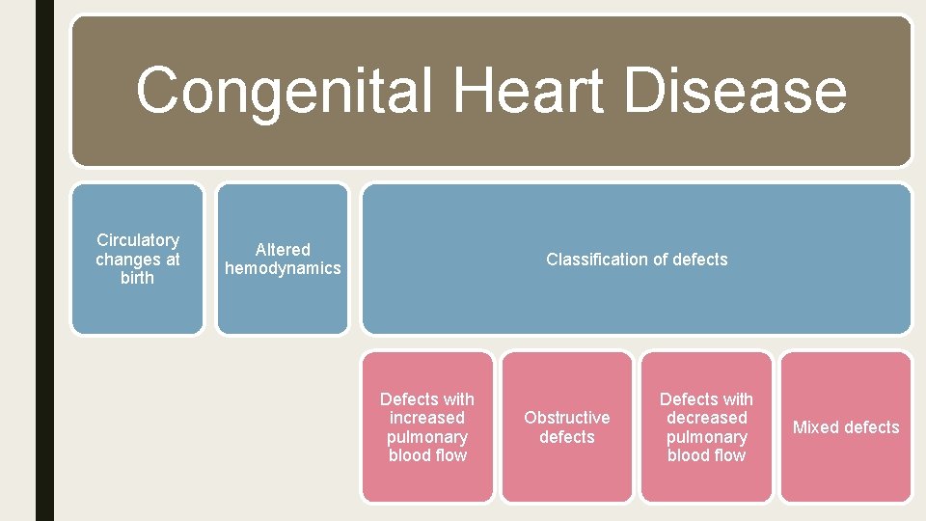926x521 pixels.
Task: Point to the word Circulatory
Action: pyautogui.click(x=138, y=239)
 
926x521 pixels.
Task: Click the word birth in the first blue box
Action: pyautogui.click(x=138, y=278)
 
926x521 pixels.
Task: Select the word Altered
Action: pyautogui.click(x=283, y=249)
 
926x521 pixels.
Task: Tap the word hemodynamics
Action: pyautogui.click(x=283, y=268)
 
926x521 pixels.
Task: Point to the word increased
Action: pyautogui.click(x=427, y=418)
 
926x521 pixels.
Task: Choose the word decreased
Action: pyautogui.click(x=706, y=418)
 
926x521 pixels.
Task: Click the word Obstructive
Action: pyautogui.click(x=566, y=418)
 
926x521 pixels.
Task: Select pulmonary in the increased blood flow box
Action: pyautogui.click(x=427, y=437)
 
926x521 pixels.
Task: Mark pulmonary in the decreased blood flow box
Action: pyautogui.click(x=706, y=437)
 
